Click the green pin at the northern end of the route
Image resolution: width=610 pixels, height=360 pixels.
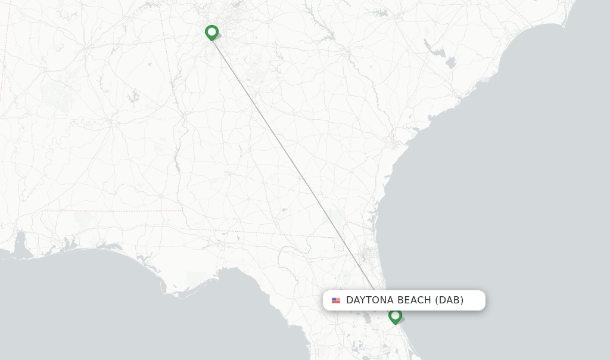tap(211, 32)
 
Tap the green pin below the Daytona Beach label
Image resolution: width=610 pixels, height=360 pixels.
tap(395, 316)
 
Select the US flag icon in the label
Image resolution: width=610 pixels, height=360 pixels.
tap(336, 300)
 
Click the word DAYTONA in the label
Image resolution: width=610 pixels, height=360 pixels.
tap(370, 300)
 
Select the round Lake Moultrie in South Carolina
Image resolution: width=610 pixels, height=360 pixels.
tap(450, 62)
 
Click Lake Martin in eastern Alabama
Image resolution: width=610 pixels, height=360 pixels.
tap(132, 95)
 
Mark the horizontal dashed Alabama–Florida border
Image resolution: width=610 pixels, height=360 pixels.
tap(113, 210)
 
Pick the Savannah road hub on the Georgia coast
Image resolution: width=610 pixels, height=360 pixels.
tap(394, 143)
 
